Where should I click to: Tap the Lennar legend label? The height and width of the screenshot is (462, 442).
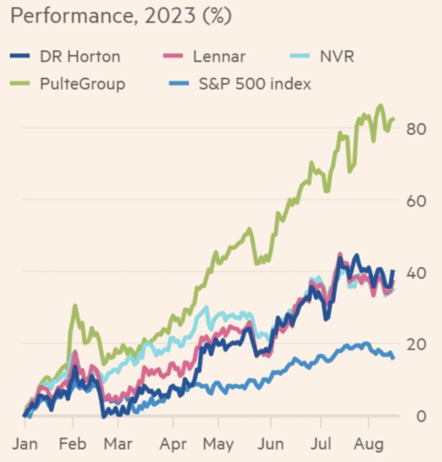click(219, 57)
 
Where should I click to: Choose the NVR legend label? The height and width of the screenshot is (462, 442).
click(338, 57)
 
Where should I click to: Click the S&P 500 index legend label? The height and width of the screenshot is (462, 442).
click(255, 83)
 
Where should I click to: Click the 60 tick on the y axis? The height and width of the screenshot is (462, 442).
click(416, 200)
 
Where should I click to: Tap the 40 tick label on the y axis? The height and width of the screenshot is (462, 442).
click(416, 272)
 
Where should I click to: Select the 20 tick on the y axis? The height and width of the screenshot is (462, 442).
click(416, 344)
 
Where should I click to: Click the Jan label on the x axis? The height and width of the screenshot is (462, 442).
click(25, 443)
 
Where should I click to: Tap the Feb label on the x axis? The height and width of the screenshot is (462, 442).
click(73, 443)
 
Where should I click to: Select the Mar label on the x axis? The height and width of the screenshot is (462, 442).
click(119, 443)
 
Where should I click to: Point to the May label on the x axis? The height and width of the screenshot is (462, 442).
click(219, 443)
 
